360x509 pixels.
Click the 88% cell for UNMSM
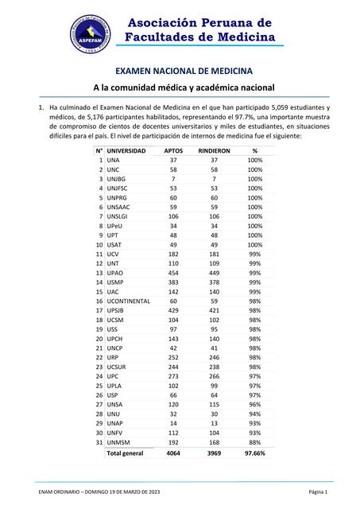(254, 443)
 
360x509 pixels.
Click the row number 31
(99, 443)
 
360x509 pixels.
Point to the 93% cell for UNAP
(254, 423)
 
